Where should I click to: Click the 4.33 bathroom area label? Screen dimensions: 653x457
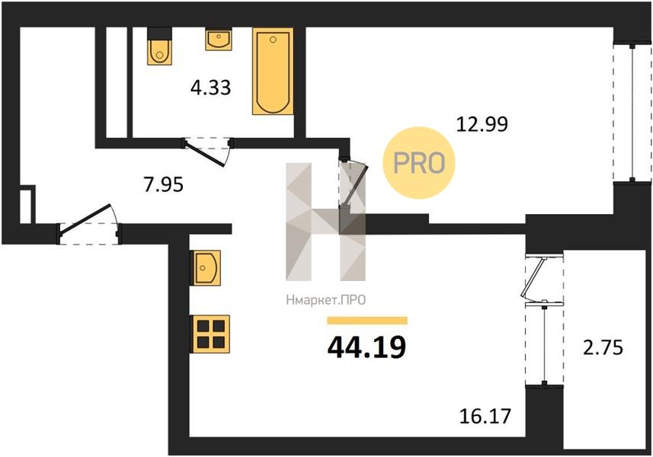210,88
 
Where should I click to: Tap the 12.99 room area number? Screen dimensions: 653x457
482,123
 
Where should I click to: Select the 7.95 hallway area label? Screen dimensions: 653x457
163,184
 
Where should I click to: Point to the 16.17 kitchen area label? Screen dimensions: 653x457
485,415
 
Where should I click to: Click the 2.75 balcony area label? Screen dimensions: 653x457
603,347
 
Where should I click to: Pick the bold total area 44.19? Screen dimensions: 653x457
367,347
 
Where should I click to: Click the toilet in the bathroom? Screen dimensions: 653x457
159,46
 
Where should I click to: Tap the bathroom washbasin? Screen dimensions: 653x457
218,39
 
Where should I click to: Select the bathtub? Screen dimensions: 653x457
273,71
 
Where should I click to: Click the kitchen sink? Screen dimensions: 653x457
205,267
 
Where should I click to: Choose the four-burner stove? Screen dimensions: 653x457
210,334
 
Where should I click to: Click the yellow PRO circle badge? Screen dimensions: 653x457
419,163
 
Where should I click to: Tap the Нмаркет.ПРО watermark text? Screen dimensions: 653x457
325,300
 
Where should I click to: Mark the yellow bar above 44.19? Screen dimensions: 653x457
367,320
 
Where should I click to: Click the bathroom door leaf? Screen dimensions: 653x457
205,153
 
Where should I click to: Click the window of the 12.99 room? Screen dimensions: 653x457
632,112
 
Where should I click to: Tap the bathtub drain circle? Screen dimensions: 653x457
273,40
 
